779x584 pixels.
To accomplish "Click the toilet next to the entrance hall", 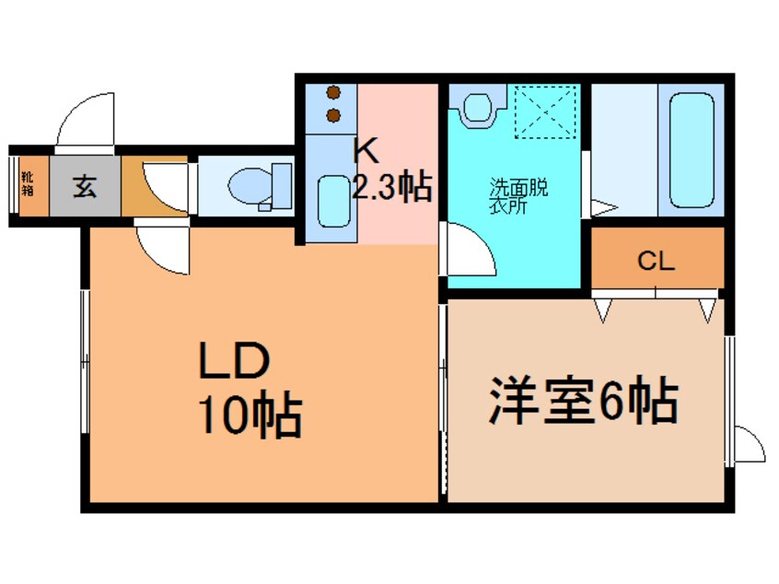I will pos(250,187).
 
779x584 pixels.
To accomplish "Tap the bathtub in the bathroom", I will pos(692,149).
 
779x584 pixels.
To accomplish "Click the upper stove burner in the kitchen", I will pos(333,93).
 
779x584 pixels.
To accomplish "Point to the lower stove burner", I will pos(333,115).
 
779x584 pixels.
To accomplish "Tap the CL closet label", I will pos(657,261).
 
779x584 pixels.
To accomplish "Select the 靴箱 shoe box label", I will pos(28,185).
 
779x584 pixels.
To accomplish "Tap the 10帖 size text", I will pos(247,417).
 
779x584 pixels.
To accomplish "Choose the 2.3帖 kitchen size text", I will pos(391,188).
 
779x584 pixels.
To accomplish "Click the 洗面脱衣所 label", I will pos(517,195).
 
